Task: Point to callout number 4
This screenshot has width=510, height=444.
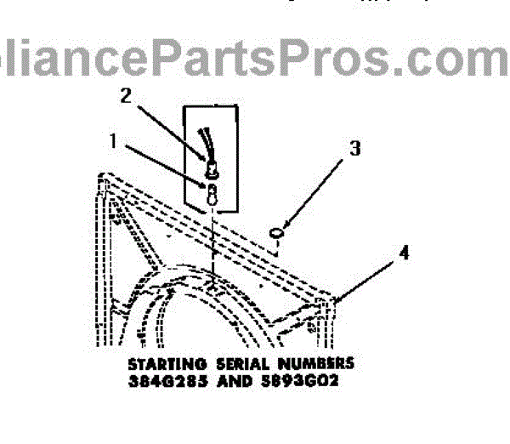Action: click(x=405, y=253)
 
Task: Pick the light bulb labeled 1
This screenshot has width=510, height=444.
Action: click(x=209, y=191)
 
